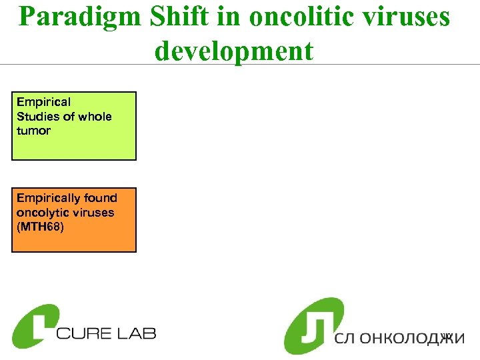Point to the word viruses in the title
[407, 18]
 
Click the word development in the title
[234, 51]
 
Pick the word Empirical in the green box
[43, 102]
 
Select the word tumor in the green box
[33, 131]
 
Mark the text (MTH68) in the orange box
[41, 227]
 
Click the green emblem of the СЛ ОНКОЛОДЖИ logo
[313, 325]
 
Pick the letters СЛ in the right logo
[347, 338]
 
